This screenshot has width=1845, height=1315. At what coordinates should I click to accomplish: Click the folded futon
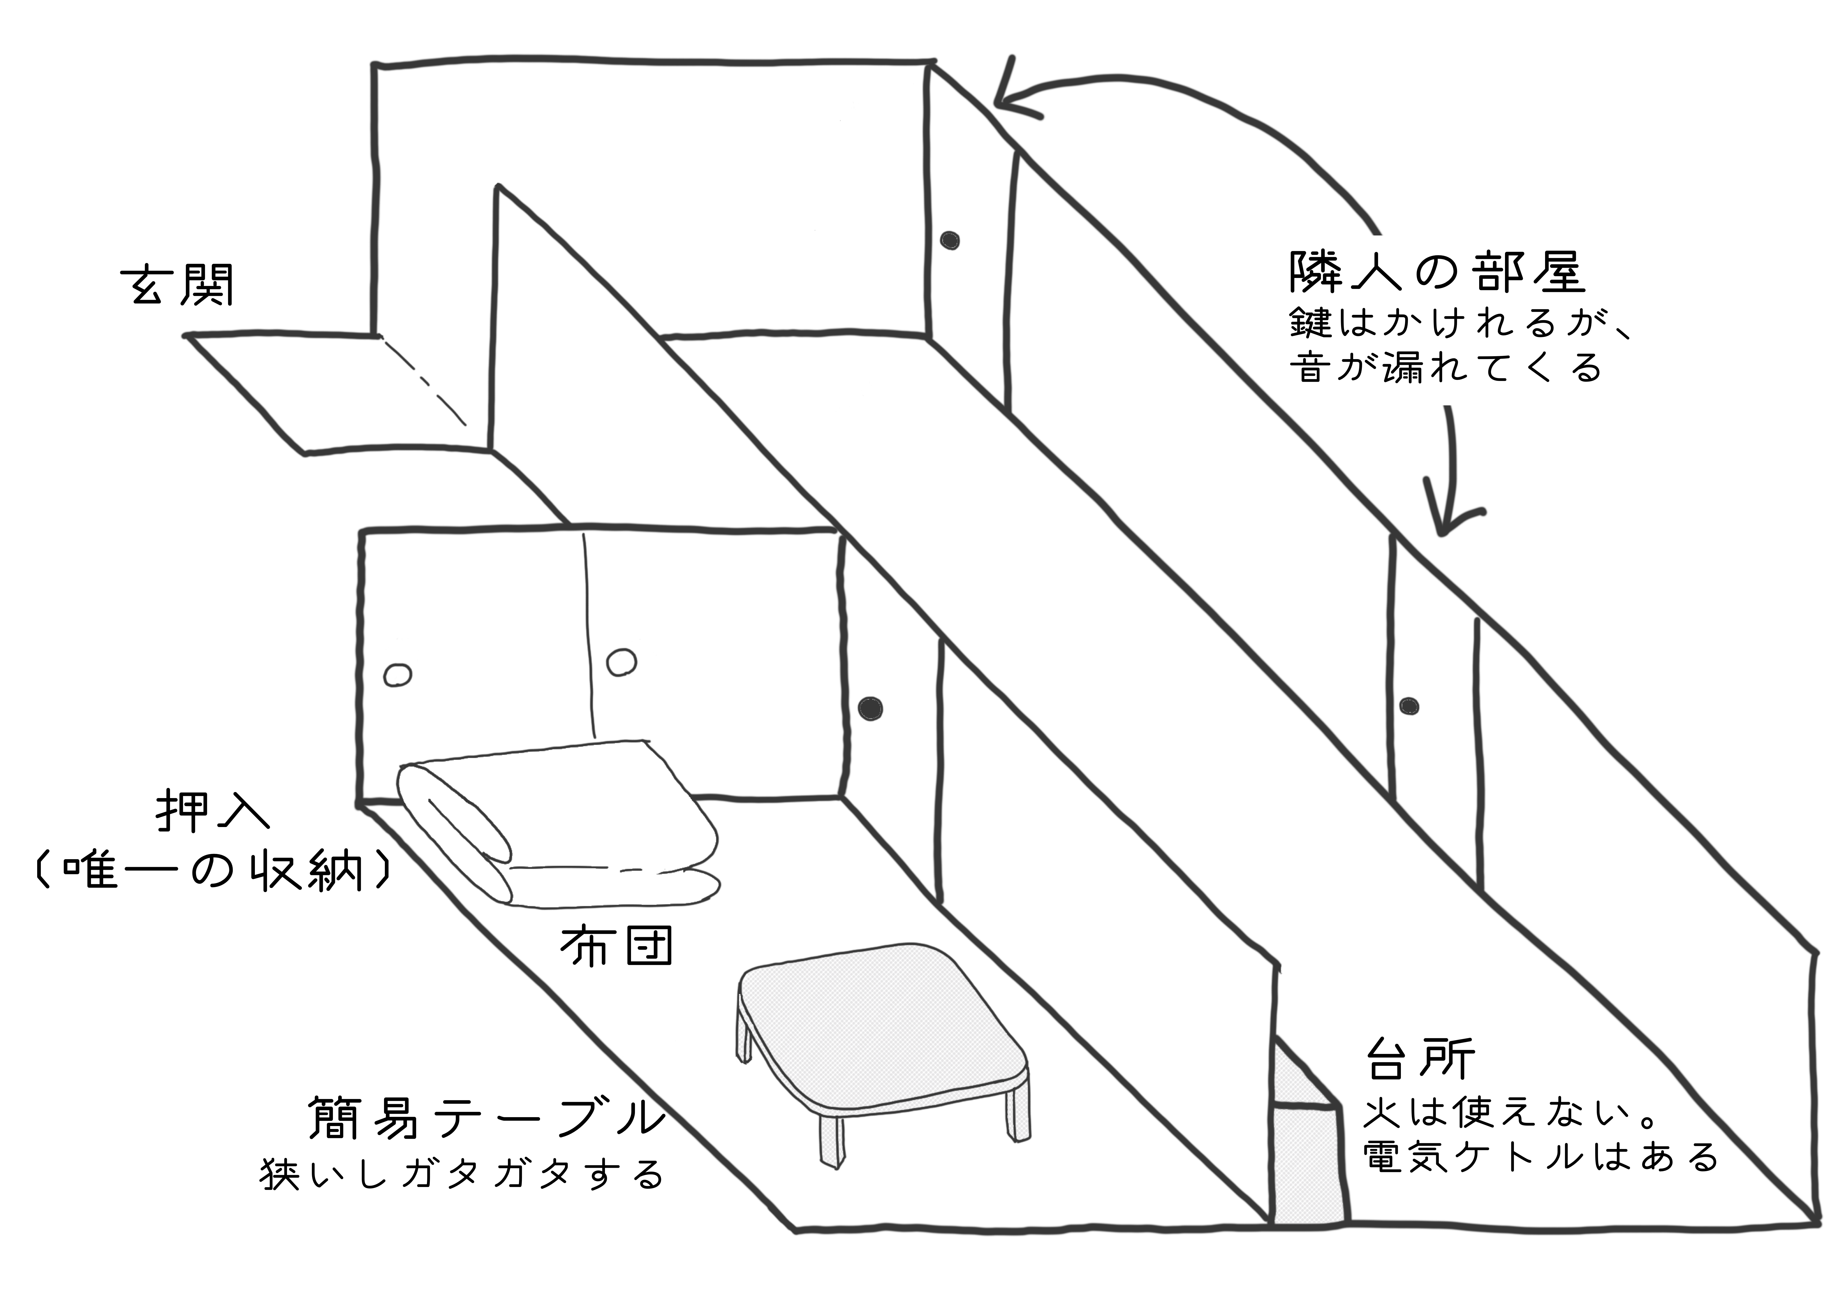click(x=559, y=826)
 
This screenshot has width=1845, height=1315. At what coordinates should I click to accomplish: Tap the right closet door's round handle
click(x=622, y=662)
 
